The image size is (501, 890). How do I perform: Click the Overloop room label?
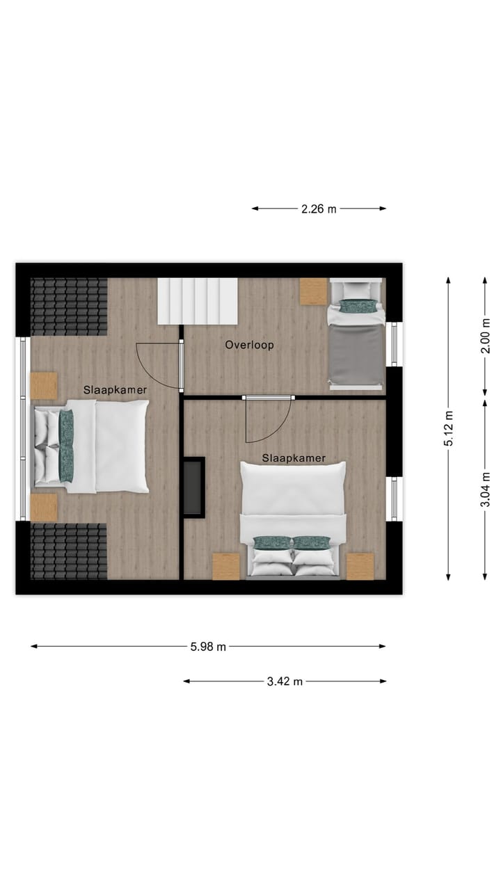tap(249, 345)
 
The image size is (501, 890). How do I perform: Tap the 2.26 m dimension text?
tap(319, 209)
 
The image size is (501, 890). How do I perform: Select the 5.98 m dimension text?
tap(208, 647)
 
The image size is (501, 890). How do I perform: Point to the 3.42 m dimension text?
tap(285, 681)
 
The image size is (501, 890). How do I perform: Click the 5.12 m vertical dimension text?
tap(449, 428)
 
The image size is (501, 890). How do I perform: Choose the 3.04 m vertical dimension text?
tap(486, 489)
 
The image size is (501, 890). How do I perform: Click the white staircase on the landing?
tap(198, 300)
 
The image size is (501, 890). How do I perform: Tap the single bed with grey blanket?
tap(356, 348)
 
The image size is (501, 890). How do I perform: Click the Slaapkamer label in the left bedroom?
tap(115, 390)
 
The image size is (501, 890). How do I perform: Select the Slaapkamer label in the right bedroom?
tap(294, 458)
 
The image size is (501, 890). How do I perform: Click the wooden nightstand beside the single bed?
tap(314, 291)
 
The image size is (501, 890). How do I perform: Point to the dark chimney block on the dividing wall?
tap(193, 487)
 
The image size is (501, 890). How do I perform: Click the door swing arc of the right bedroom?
tap(268, 421)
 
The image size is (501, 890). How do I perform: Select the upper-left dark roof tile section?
tap(69, 307)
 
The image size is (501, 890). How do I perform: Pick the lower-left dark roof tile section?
tap(69, 551)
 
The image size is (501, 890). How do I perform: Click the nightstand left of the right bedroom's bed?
tap(226, 566)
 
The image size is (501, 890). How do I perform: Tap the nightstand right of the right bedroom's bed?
tap(360, 566)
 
